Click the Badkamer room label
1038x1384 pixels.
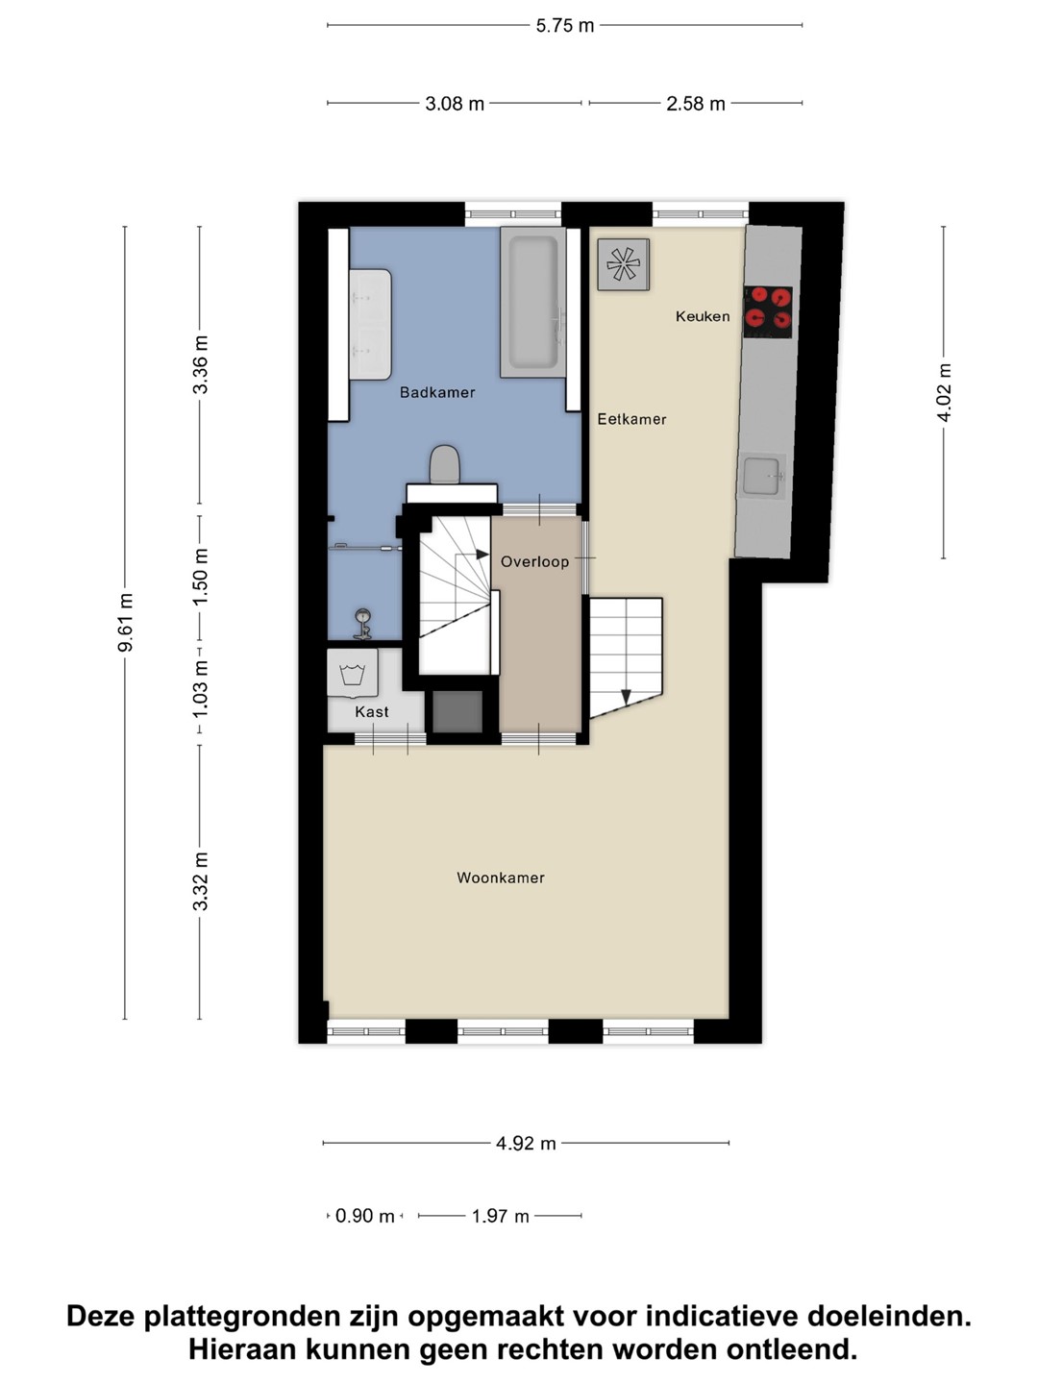pos(437,392)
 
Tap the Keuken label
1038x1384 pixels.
pos(703,316)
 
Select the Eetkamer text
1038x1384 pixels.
pos(631,419)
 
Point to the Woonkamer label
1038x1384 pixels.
pos(501,877)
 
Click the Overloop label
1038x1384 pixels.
pos(534,561)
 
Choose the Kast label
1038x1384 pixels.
pos(372,712)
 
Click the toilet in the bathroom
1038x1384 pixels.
pos(445,464)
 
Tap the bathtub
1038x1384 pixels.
pos(533,302)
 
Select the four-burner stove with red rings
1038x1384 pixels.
pos(768,312)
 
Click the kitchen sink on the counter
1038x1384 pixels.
pos(764,476)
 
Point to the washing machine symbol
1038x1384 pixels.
pos(353,673)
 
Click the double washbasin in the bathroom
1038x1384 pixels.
pos(371,324)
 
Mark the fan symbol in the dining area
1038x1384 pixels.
pos(624,264)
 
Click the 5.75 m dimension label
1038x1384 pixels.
pos(565,26)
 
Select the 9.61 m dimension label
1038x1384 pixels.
pos(125,622)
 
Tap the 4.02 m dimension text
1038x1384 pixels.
pos(944,392)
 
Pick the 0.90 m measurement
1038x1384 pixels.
pos(364,1216)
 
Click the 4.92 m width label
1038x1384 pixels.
pos(526,1143)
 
